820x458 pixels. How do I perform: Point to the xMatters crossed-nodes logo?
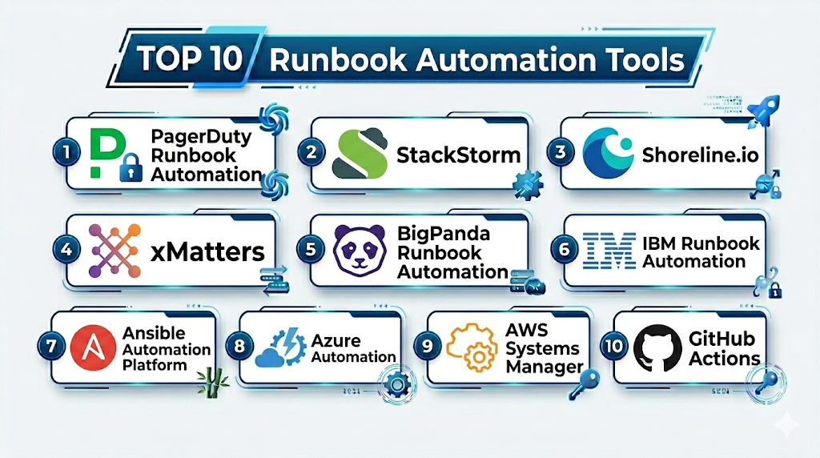[x=115, y=251]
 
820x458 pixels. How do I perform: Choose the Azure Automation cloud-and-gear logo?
[x=280, y=350]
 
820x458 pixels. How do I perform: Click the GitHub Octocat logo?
[x=657, y=350]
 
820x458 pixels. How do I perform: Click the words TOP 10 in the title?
[x=187, y=61]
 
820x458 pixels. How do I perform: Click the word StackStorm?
[x=458, y=155]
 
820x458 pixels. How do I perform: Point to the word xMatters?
[x=207, y=252]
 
